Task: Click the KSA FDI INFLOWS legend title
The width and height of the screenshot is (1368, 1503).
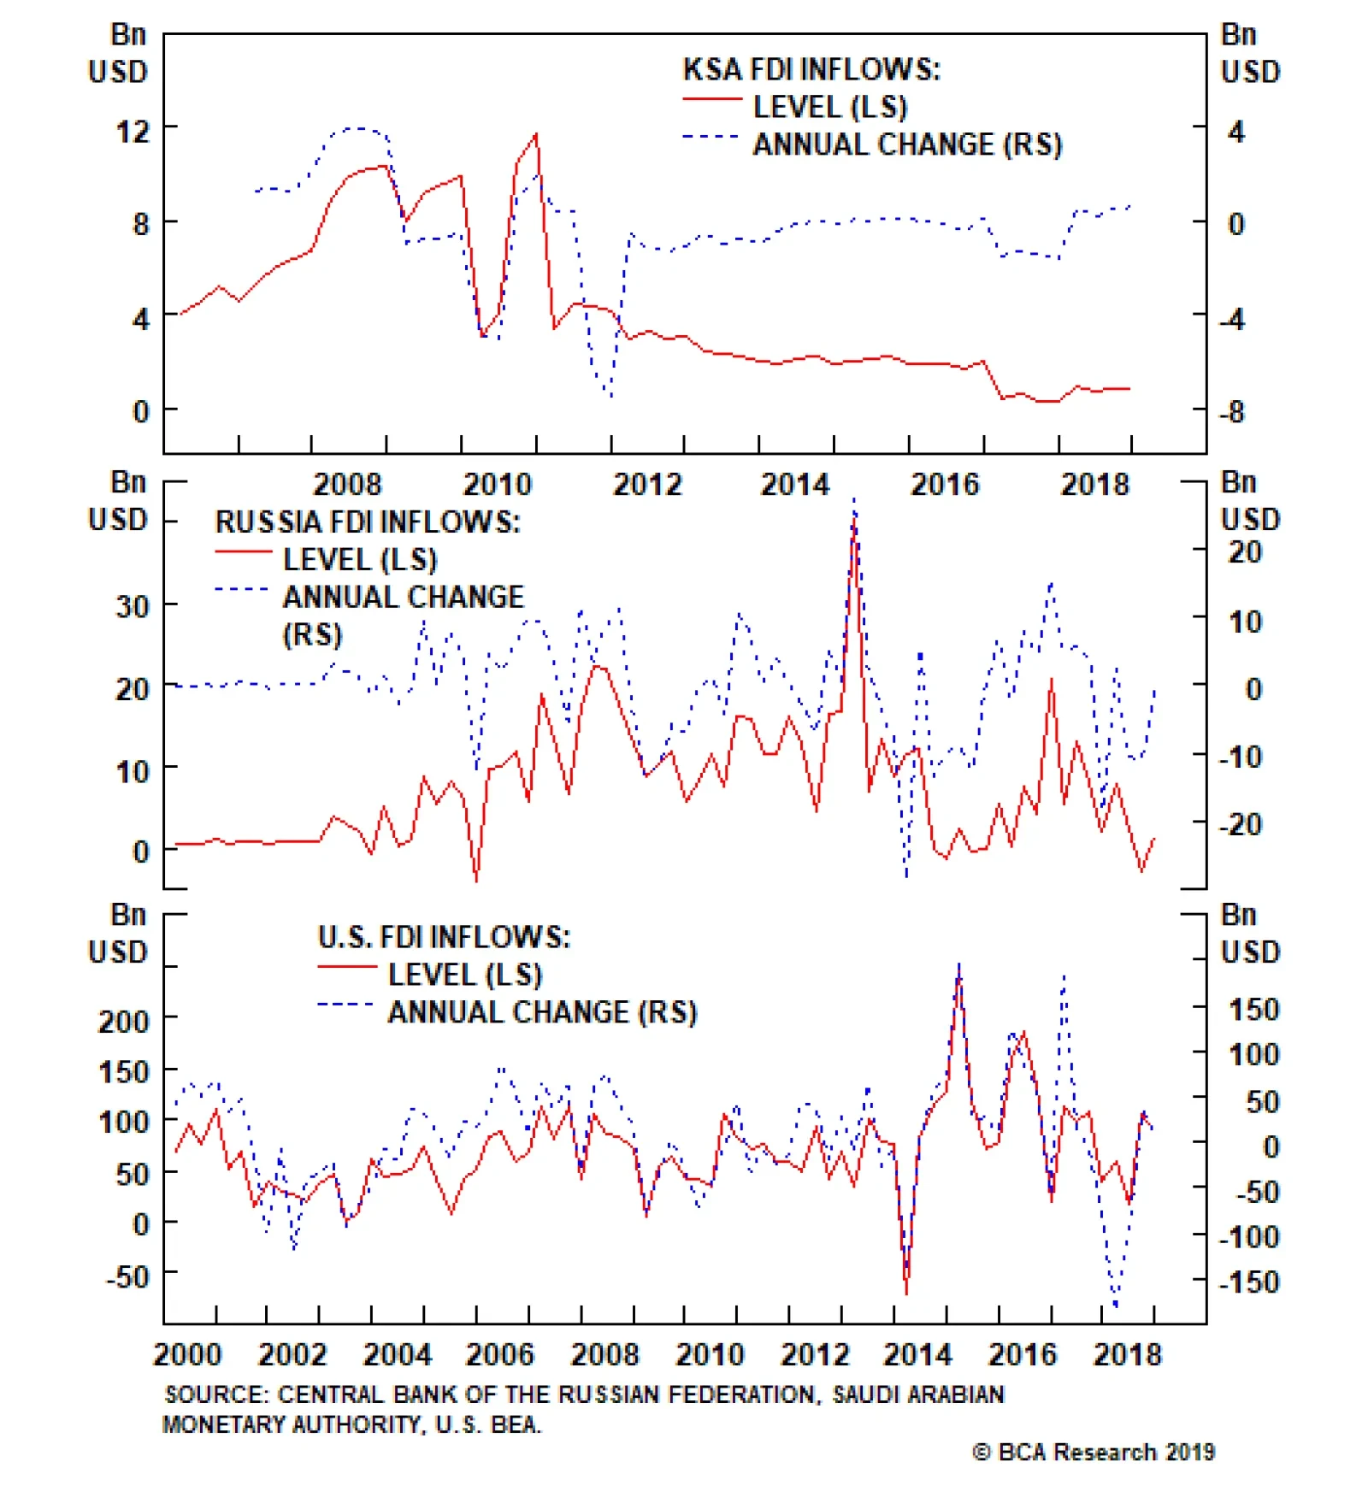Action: pyautogui.click(x=811, y=69)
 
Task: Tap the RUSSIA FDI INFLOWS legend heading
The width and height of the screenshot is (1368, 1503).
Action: pyautogui.click(x=367, y=522)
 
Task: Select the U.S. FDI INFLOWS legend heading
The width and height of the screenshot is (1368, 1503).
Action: pyautogui.click(x=443, y=937)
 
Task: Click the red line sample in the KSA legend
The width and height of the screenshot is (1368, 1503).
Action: pyautogui.click(x=711, y=100)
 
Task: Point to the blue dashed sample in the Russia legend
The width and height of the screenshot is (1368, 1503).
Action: pyautogui.click(x=243, y=589)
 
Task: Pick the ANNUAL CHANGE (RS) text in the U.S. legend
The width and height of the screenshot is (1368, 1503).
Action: pyautogui.click(x=542, y=1012)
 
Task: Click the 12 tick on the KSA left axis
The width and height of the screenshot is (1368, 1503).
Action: pyautogui.click(x=133, y=132)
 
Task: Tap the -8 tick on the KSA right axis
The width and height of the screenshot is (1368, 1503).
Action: pyautogui.click(x=1232, y=412)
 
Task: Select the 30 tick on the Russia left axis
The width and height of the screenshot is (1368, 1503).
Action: pyautogui.click(x=133, y=606)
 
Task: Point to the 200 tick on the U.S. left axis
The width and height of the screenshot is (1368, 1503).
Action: pyautogui.click(x=124, y=1021)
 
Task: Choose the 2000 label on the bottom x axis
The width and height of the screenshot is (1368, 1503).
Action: pyautogui.click(x=187, y=1355)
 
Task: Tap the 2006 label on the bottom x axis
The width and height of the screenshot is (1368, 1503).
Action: pyautogui.click(x=500, y=1355)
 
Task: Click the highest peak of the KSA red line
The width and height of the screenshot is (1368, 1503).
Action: pyautogui.click(x=536, y=134)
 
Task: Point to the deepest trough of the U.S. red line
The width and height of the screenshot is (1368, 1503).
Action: pyautogui.click(x=906, y=1294)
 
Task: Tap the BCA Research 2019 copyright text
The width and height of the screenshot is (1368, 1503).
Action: pyautogui.click(x=1094, y=1452)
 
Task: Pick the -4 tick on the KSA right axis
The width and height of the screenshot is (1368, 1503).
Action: pyautogui.click(x=1232, y=319)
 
